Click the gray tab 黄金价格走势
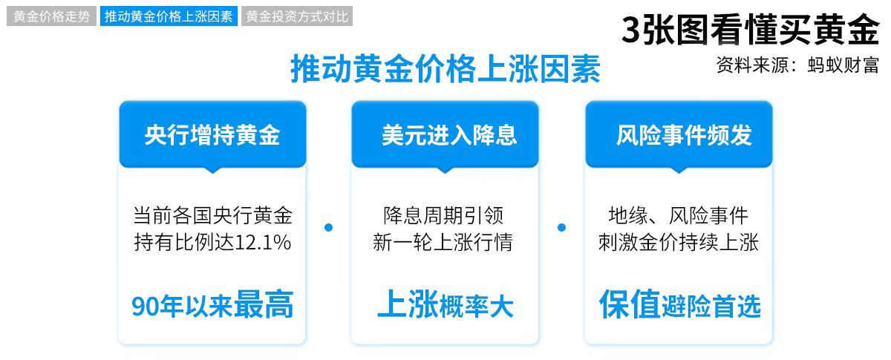(51, 16)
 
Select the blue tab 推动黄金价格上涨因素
(169, 16)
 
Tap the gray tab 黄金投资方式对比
(297, 16)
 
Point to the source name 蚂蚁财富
(843, 65)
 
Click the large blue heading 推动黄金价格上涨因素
(446, 69)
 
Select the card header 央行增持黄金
(212, 135)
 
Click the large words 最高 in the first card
(264, 304)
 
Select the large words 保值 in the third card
(630, 304)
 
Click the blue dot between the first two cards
(328, 228)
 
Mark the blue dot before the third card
(561, 228)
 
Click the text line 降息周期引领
(443, 215)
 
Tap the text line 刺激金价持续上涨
(679, 242)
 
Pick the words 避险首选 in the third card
(711, 307)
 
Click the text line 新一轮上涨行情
(443, 242)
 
